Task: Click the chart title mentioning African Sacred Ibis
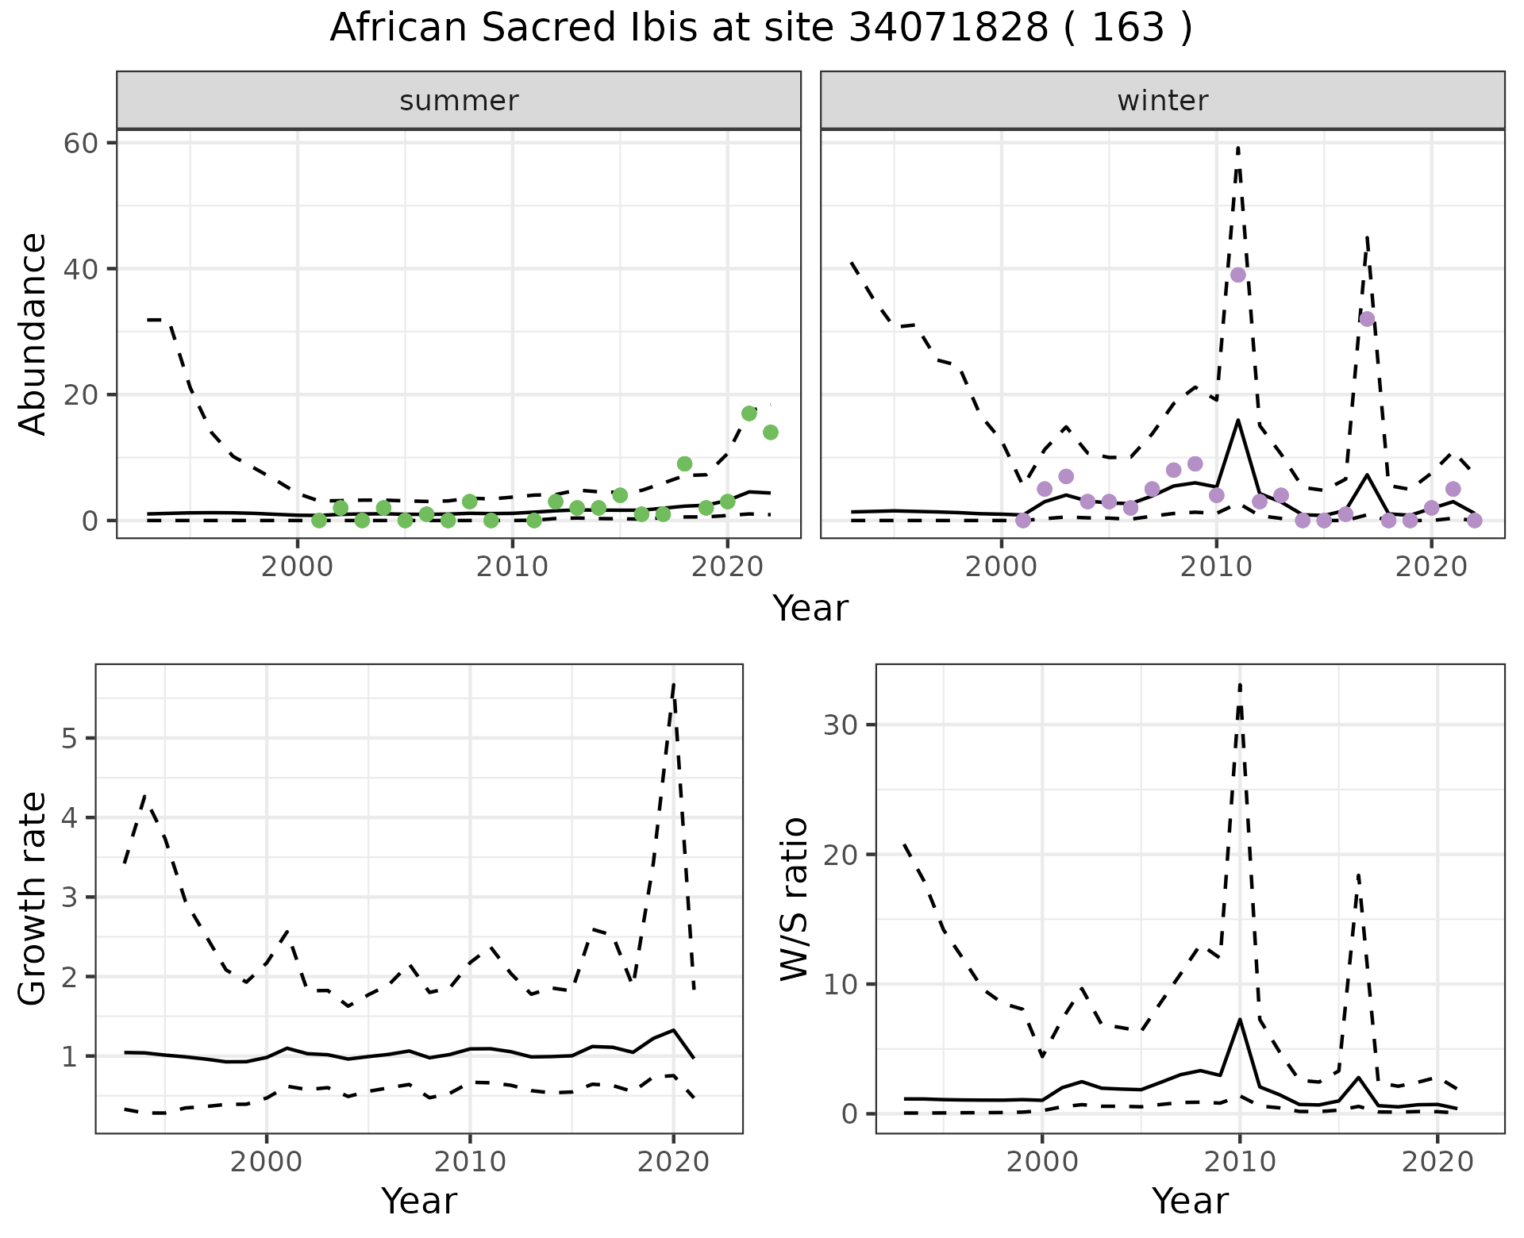pyautogui.click(x=761, y=29)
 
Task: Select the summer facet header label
pyautogui.click(x=459, y=101)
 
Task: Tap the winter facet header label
pyautogui.click(x=1162, y=101)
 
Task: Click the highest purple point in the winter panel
pyautogui.click(x=1237, y=275)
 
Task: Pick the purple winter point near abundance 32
pyautogui.click(x=1367, y=319)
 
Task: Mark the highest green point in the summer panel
pyautogui.click(x=749, y=413)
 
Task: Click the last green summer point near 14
pyautogui.click(x=770, y=433)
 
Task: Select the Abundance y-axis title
pyautogui.click(x=33, y=333)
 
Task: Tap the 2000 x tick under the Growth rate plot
pyautogui.click(x=266, y=1162)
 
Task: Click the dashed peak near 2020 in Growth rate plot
pyautogui.click(x=673, y=683)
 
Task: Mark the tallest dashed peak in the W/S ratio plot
pyautogui.click(x=1239, y=683)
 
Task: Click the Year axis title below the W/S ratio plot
pyautogui.click(x=1190, y=1201)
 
